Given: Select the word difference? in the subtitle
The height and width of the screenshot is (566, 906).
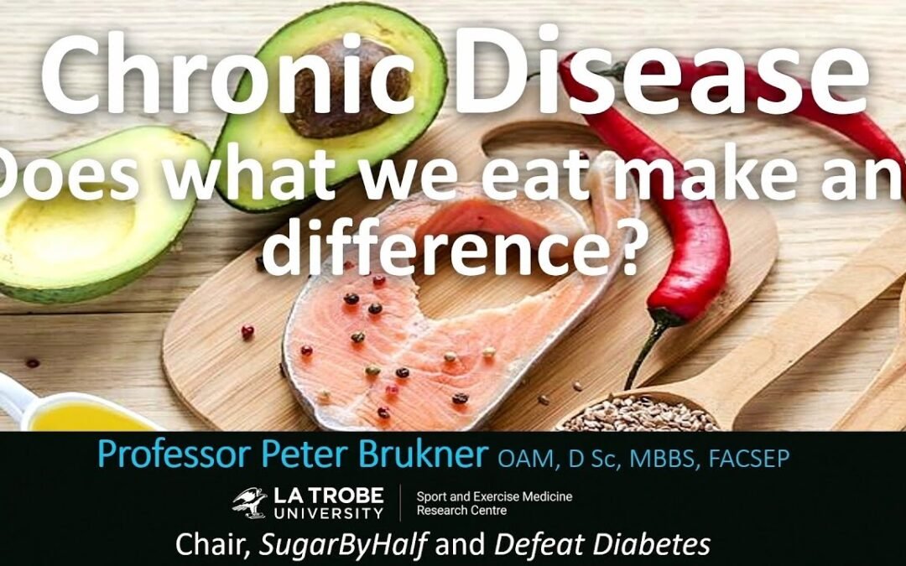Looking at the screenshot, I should coord(453,247).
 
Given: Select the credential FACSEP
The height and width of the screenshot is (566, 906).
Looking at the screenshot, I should coord(758,458).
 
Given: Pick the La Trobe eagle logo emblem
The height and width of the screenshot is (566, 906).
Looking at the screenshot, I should coord(250,502).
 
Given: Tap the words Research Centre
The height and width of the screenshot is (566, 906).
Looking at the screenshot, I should coord(461,511).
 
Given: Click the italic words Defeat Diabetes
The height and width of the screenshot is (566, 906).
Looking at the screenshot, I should coord(601,546).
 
